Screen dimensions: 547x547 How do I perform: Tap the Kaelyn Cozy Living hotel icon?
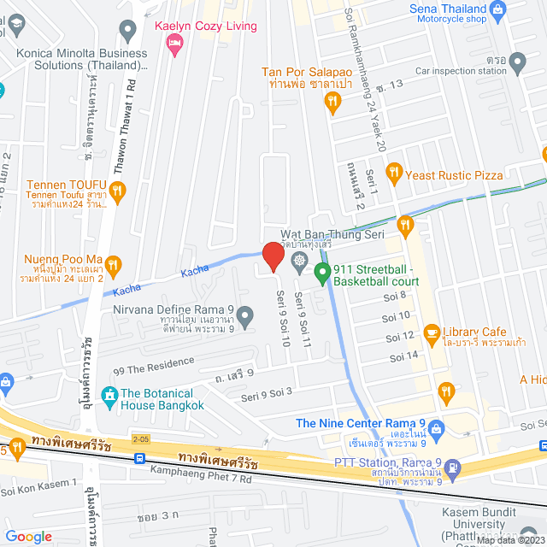tap(177, 44)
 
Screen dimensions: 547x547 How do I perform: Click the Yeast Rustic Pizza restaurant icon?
tap(393, 174)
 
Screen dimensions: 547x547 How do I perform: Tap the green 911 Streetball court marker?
tap(322, 273)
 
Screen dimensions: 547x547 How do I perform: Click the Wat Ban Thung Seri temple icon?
tap(298, 260)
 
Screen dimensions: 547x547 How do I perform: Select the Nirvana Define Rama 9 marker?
tap(245, 318)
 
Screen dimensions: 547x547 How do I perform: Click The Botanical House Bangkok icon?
tap(109, 395)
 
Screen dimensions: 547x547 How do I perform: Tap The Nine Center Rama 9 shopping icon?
tap(438, 427)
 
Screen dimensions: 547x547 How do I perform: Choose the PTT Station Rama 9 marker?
tap(452, 468)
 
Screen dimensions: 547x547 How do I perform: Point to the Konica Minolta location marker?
tap(128, 32)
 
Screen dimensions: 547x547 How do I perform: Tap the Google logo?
tap(29, 536)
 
